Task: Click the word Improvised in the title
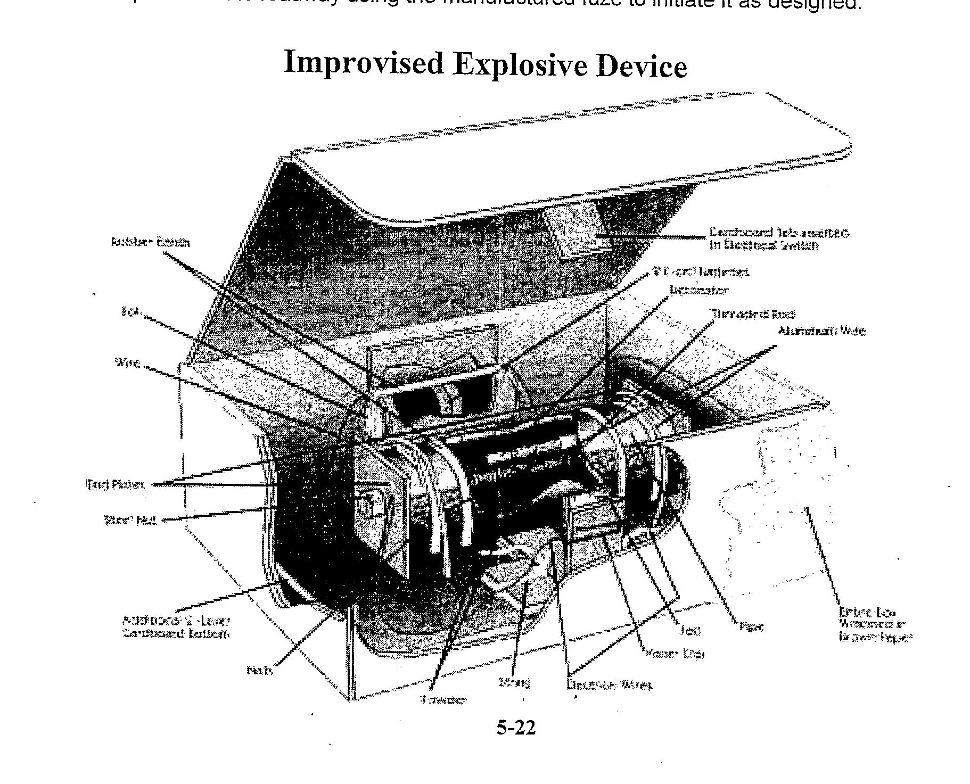pyautogui.click(x=364, y=63)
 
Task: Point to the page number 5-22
pyautogui.click(x=516, y=727)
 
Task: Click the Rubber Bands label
pyautogui.click(x=150, y=242)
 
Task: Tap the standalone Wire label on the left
pyautogui.click(x=127, y=363)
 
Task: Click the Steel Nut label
pyautogui.click(x=130, y=519)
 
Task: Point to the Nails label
pyautogui.click(x=260, y=670)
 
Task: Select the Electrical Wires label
pyautogui.click(x=609, y=686)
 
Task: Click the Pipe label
pyautogui.click(x=752, y=627)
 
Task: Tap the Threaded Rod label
pyautogui.click(x=754, y=315)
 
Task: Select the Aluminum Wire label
pyautogui.click(x=821, y=331)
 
